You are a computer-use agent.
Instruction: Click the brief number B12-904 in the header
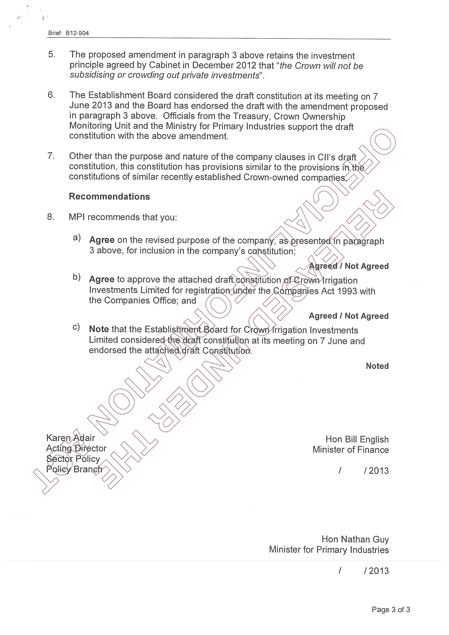pyautogui.click(x=77, y=33)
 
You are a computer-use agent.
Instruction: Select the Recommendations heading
pyautogui.click(x=109, y=196)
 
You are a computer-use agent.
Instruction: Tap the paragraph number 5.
pyautogui.click(x=52, y=55)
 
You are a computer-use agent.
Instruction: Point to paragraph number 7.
pyautogui.click(x=51, y=156)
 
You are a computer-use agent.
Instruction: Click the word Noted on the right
pyautogui.click(x=377, y=366)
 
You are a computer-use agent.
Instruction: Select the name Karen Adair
pyautogui.click(x=71, y=438)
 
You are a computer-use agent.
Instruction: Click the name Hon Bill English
pyautogui.click(x=357, y=439)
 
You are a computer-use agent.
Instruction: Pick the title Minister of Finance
pyautogui.click(x=350, y=450)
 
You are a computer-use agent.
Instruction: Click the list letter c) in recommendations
pyautogui.click(x=76, y=327)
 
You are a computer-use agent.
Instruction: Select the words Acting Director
pyautogui.click(x=76, y=448)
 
